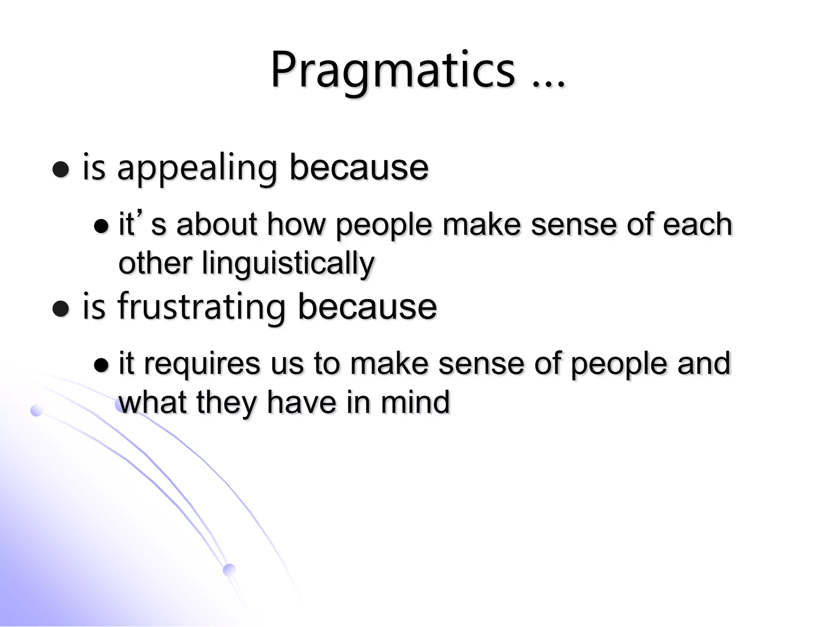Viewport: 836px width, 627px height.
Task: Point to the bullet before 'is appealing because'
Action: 61,169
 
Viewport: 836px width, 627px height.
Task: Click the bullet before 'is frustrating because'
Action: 61,308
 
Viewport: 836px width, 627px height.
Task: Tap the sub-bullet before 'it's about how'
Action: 101,226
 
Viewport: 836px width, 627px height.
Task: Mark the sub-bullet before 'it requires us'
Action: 101,365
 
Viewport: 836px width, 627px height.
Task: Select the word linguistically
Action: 288,263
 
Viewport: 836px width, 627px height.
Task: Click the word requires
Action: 202,363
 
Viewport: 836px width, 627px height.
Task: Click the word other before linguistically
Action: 155,263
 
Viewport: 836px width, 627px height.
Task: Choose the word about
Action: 217,224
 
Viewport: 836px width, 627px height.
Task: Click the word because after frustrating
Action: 367,307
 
